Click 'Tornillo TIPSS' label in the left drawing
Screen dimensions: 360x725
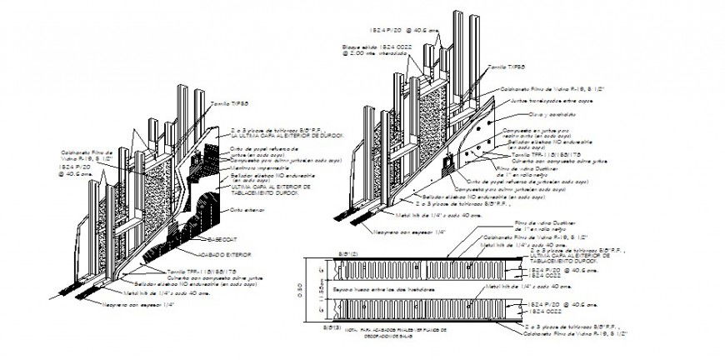click(230, 102)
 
